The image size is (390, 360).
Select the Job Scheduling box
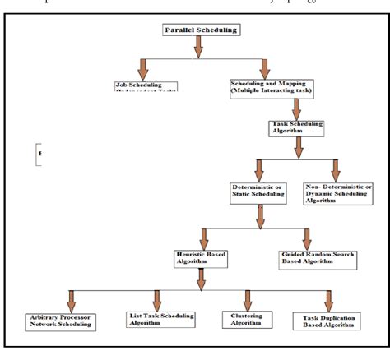tap(146, 85)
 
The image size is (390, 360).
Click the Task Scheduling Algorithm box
tap(297, 128)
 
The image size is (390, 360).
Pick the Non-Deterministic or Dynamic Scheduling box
tap(335, 192)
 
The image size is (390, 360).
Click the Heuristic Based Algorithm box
tap(201, 259)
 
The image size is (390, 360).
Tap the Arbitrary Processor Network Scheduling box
tap(59, 321)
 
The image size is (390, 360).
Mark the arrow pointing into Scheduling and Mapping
tap(263, 69)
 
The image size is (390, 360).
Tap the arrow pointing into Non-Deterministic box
tap(336, 170)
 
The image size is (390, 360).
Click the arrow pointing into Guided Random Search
tap(305, 238)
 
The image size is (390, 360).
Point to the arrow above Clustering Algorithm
tap(245, 300)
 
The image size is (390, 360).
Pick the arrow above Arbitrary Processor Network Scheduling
tap(71, 300)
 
